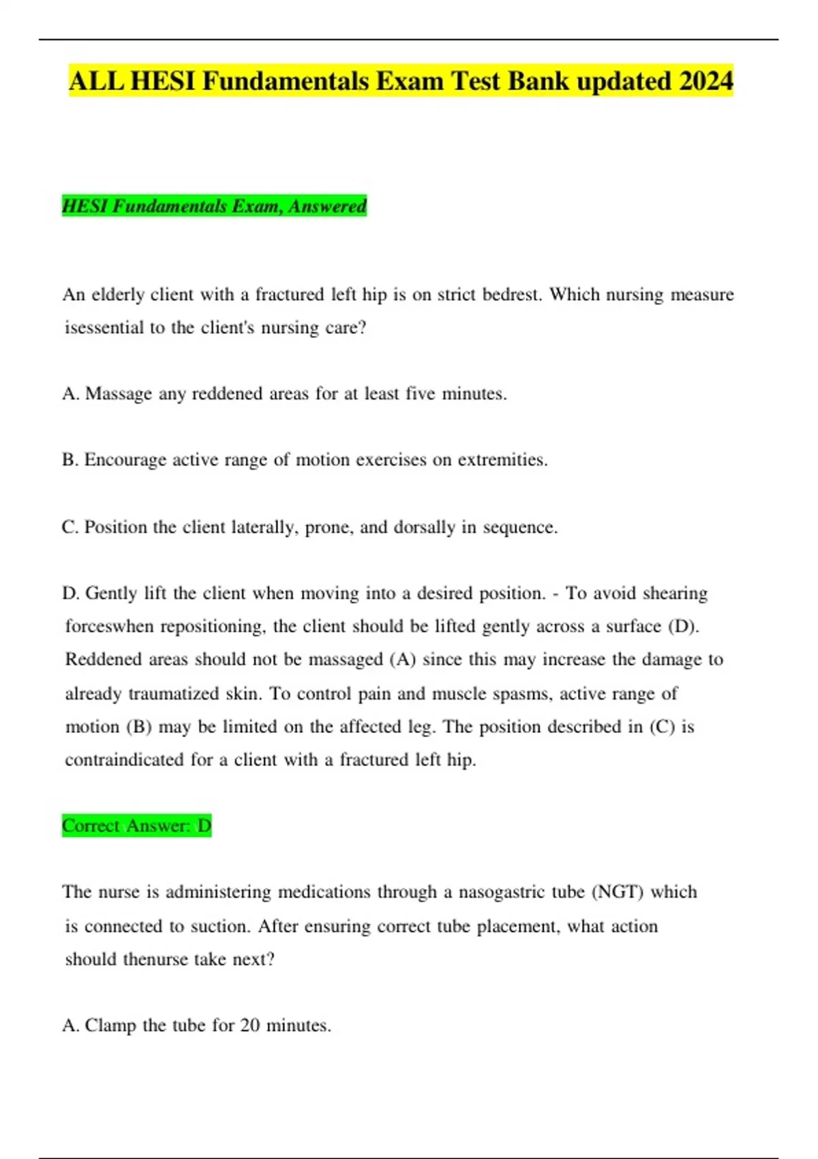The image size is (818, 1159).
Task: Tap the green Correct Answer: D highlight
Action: click(136, 826)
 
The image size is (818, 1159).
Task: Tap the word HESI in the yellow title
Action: click(162, 81)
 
